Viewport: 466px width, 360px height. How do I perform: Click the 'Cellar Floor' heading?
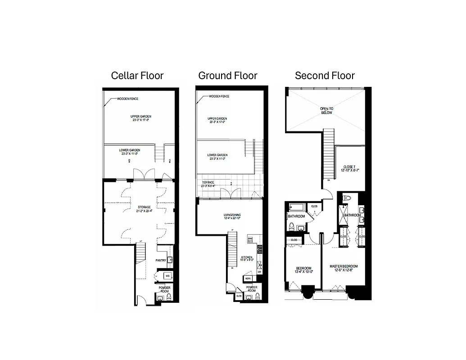137,76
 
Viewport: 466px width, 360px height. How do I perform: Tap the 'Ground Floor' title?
228,76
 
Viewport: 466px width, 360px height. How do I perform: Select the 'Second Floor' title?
325,76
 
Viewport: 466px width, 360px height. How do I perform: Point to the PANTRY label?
161,260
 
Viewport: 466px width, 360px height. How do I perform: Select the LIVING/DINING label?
233,216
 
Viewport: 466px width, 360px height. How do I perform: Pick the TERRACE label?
208,183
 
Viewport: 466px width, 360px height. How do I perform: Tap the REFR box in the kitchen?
235,279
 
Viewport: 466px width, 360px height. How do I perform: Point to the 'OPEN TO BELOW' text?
326,110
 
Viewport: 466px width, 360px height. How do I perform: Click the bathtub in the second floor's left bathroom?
298,207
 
